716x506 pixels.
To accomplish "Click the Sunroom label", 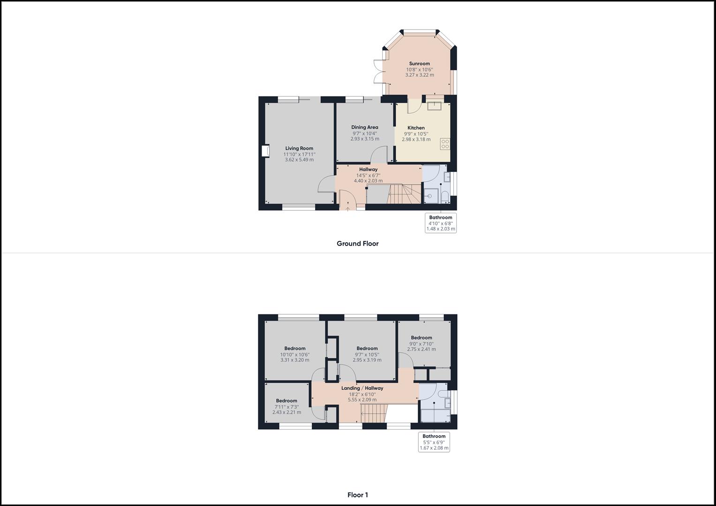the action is (x=419, y=64).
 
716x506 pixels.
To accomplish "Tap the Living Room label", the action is (x=299, y=148).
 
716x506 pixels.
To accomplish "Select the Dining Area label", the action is (x=365, y=127).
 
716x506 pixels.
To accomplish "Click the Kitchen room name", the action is (x=416, y=128).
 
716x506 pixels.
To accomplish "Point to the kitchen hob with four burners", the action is (x=445, y=144).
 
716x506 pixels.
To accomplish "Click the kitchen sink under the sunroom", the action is (x=434, y=106).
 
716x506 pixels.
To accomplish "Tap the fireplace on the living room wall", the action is (x=265, y=151).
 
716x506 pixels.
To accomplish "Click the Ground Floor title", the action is (x=358, y=244).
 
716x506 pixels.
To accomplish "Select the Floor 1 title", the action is (x=358, y=495).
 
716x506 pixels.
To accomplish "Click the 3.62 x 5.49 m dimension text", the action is (x=299, y=160).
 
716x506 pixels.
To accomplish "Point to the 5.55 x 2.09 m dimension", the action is (x=362, y=400).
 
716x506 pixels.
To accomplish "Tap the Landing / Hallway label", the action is (x=362, y=388).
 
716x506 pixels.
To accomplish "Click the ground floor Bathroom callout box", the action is (x=441, y=223).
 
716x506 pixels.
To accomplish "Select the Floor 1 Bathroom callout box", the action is (x=434, y=442).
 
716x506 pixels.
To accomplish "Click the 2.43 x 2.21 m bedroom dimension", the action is (x=286, y=412).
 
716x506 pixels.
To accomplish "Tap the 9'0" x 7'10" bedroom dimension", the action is (x=421, y=344).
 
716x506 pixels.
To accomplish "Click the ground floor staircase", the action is (x=404, y=194).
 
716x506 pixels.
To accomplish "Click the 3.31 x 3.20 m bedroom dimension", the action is (x=295, y=360).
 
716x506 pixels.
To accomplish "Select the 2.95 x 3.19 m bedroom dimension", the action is (x=367, y=360).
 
